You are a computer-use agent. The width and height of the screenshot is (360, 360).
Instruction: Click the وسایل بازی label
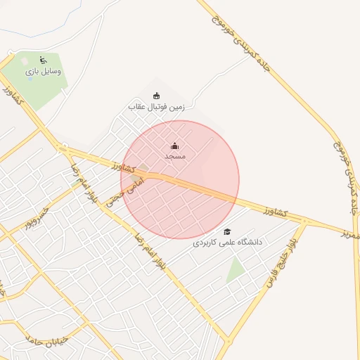tap(43, 71)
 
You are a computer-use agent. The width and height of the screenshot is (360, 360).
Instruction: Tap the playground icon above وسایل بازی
tap(43, 60)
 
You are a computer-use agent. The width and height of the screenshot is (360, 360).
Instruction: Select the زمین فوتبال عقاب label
tap(156, 106)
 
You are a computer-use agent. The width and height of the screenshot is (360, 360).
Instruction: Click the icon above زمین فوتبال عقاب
tap(156, 96)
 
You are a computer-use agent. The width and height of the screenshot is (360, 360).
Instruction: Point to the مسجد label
tap(174, 155)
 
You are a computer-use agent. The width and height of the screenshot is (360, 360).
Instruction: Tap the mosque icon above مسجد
tap(174, 146)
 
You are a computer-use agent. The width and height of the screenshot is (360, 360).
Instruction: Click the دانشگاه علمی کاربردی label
tap(227, 242)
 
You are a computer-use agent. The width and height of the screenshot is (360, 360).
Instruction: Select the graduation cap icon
tap(227, 231)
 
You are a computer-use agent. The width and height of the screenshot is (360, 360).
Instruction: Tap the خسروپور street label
tap(37, 219)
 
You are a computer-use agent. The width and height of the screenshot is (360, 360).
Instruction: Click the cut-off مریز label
tap(351, 233)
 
